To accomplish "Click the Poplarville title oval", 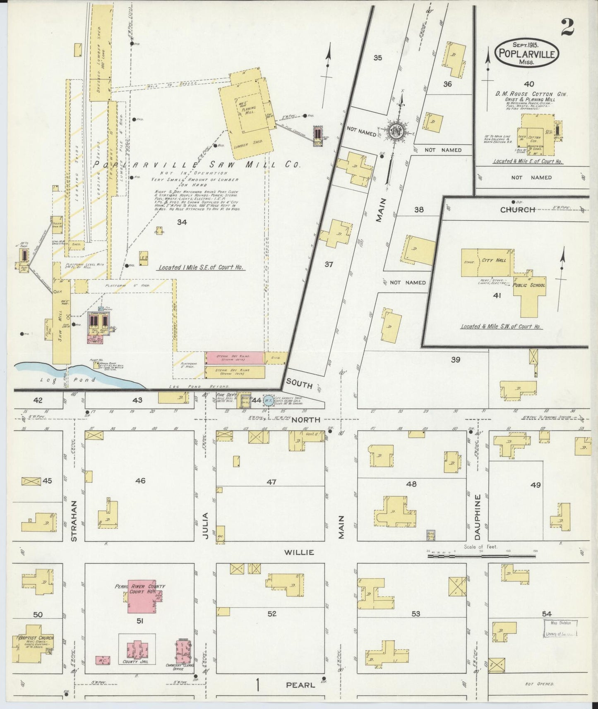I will [x=527, y=53].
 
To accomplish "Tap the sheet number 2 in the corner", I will [x=567, y=28].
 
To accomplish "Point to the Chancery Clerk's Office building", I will [x=183, y=652].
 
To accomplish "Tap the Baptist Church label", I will [x=36, y=637].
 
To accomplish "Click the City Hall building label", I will [x=493, y=261].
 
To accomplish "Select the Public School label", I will [x=528, y=285].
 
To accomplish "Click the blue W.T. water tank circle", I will [x=269, y=400].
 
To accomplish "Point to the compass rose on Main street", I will [x=395, y=131].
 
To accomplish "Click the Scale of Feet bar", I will [x=481, y=556].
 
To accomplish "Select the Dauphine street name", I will [x=477, y=517].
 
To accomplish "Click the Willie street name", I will [x=298, y=552].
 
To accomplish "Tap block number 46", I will [x=140, y=481].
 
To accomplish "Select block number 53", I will [x=415, y=614].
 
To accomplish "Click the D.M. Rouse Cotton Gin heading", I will [x=531, y=94].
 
